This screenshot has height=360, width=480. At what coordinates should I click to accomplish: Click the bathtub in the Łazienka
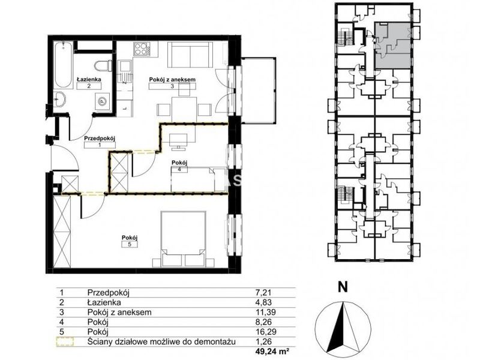[x=64, y=65]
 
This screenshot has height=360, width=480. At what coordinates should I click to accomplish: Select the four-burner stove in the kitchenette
[x=142, y=49]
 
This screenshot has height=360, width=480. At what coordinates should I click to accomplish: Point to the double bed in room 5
[x=184, y=238]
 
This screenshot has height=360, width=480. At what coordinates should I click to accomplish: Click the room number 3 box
[x=172, y=86]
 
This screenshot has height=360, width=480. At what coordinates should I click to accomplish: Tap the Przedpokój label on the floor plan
[x=100, y=139]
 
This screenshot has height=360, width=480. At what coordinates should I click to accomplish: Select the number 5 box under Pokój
[x=130, y=244]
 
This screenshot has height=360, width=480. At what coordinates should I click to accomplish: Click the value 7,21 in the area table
[x=263, y=292]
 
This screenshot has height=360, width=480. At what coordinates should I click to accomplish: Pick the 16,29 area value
[x=265, y=332]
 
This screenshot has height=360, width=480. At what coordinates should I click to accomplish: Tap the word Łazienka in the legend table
[x=104, y=302]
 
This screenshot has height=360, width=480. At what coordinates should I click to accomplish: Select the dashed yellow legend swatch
[x=65, y=341]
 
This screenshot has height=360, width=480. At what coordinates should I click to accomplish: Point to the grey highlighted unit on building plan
[x=393, y=46]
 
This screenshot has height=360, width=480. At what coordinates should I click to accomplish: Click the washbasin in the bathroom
[x=59, y=99]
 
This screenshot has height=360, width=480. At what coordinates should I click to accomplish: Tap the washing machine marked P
[x=101, y=101]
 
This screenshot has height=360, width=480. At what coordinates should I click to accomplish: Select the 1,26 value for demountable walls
[x=263, y=341]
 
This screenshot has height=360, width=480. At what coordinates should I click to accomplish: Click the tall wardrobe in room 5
[x=62, y=231]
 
